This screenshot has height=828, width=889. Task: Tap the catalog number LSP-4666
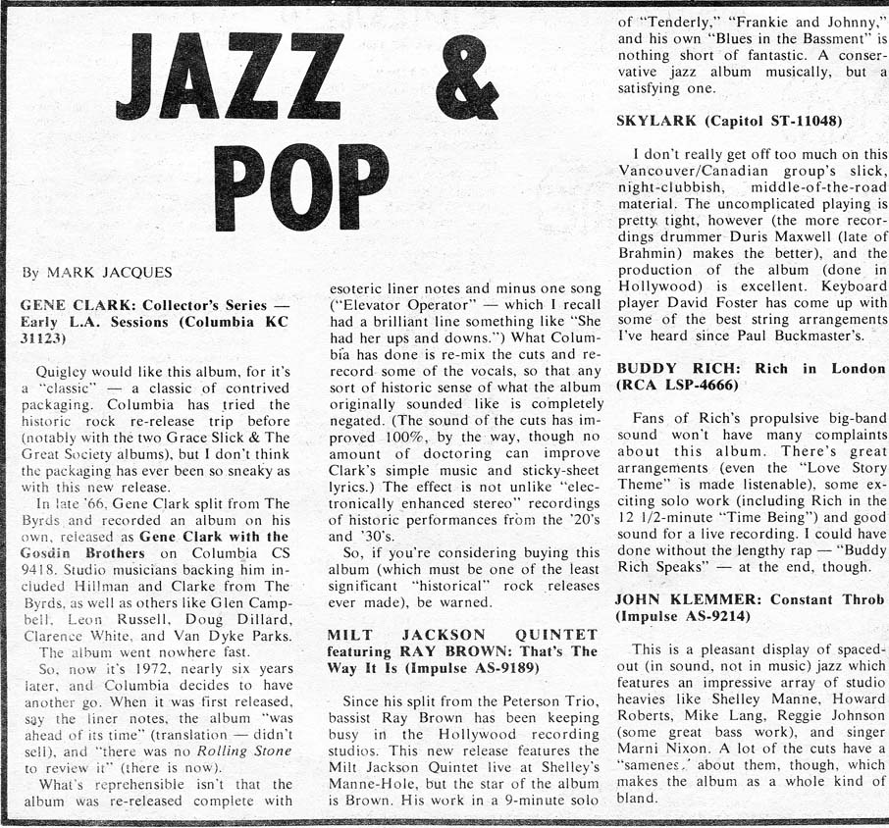tap(699, 385)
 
